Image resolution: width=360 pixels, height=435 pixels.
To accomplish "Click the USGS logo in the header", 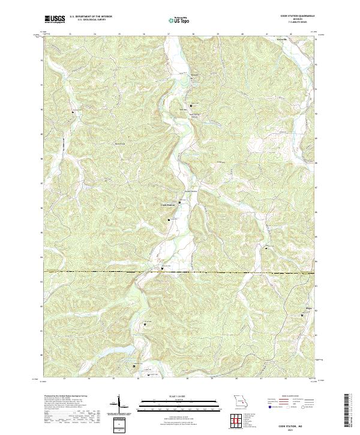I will [55, 19].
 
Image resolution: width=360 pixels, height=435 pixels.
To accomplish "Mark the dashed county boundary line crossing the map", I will [180, 272].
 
